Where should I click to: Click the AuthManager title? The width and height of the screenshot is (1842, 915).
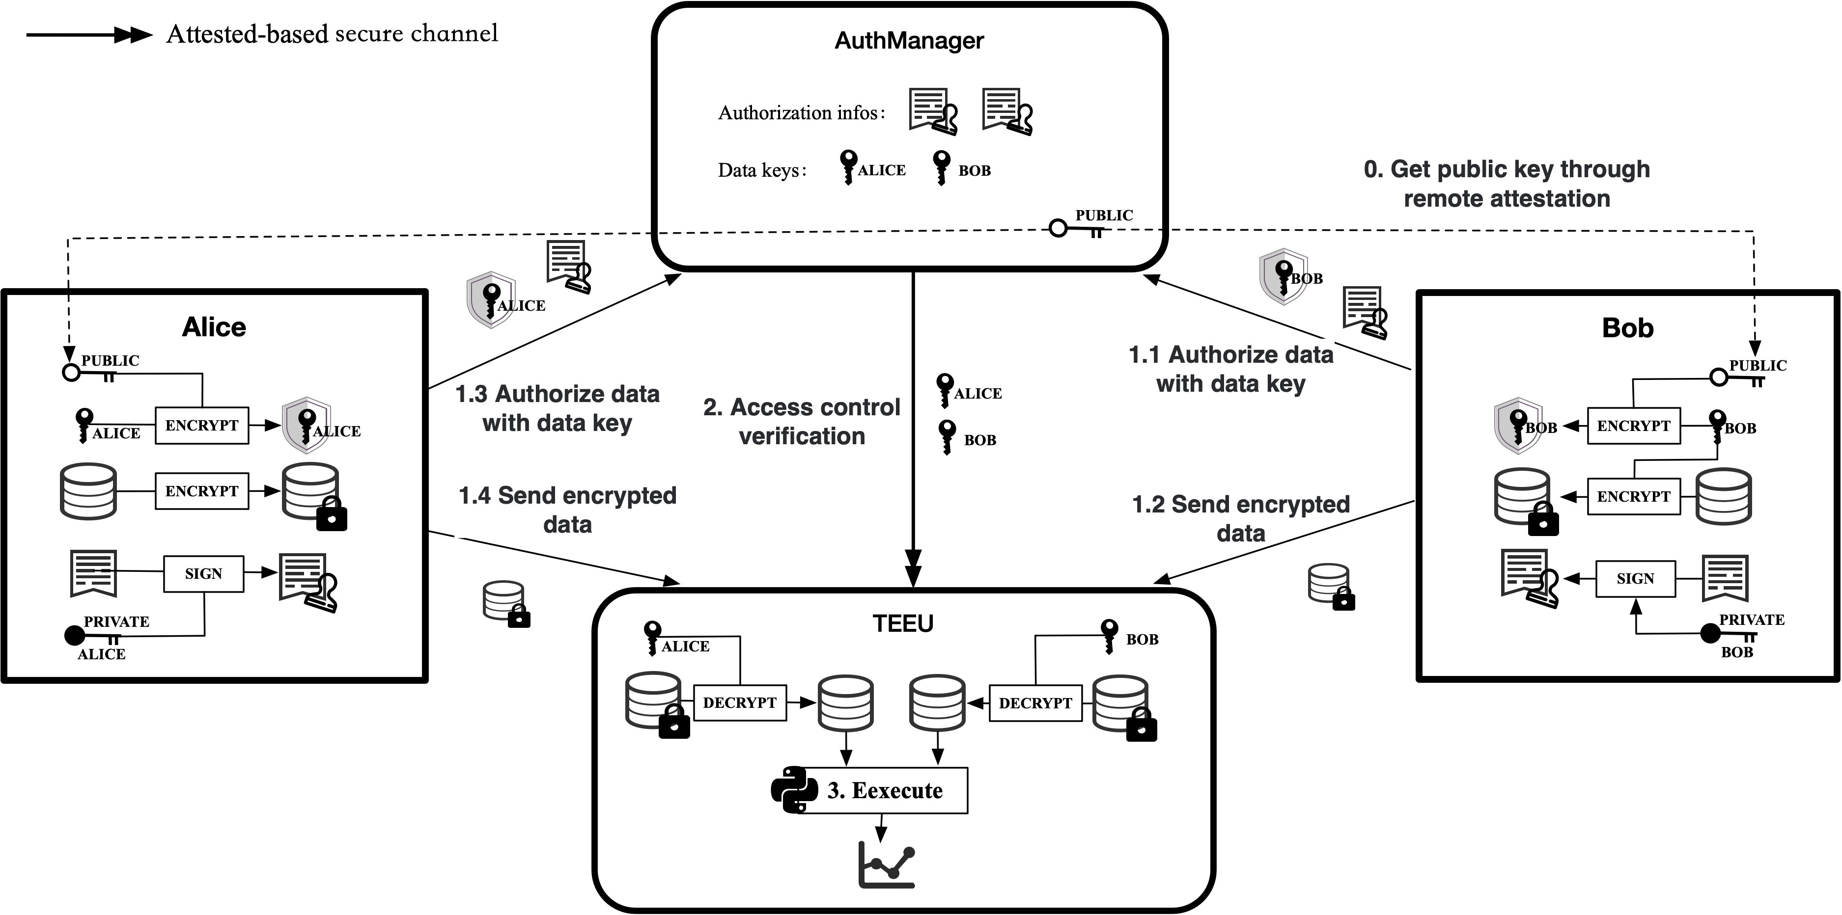pos(909,41)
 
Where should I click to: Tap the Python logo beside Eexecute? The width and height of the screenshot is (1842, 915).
pos(794,790)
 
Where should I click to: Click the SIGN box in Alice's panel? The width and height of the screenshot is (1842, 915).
pos(204,574)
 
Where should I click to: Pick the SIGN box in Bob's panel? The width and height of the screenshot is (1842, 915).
pos(1635,578)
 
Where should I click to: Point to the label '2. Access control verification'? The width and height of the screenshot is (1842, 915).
pos(802,421)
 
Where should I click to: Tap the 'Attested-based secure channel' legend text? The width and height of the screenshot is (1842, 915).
pos(332,33)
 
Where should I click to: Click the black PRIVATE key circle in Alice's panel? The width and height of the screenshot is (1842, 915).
pos(74,635)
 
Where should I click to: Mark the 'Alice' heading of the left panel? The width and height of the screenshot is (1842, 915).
pos(214,327)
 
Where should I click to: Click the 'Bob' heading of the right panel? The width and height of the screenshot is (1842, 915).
pos(1627,327)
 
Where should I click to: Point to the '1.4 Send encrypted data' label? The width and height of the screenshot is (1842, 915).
pos(567,510)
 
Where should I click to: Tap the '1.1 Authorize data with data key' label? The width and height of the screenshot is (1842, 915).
pos(1230,369)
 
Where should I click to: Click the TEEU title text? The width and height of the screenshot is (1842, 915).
pos(902,623)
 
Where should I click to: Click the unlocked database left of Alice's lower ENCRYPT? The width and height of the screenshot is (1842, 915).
pos(88,490)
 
